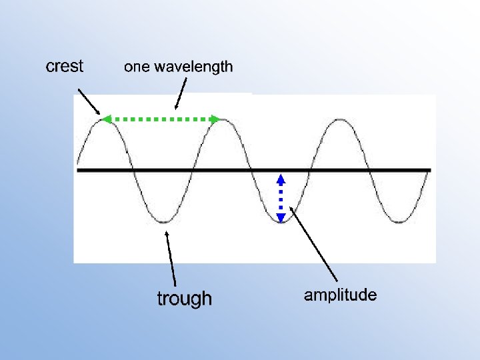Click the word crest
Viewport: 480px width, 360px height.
coord(65,66)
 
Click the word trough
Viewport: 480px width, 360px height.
coord(184,299)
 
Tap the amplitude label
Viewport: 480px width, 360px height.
coord(340,295)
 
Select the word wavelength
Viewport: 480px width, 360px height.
coord(194,67)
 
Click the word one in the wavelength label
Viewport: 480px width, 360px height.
coord(137,67)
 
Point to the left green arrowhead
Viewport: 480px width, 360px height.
coord(105,119)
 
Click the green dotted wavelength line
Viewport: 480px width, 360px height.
coord(160,119)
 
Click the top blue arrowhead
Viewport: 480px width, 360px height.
coord(281,179)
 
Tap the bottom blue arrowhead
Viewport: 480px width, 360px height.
coord(281,217)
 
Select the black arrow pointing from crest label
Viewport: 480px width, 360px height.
coord(89,101)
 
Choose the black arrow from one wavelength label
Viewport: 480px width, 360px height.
coord(180,93)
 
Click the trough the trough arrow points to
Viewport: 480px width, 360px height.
coord(165,221)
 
